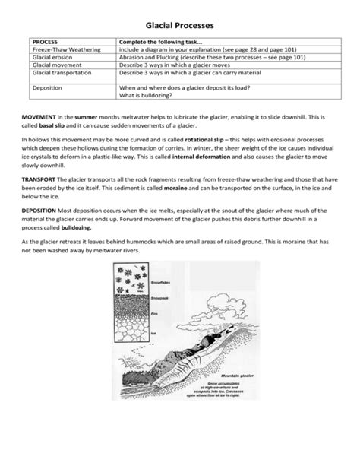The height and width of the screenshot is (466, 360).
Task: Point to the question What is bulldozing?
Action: [x=150, y=95]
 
